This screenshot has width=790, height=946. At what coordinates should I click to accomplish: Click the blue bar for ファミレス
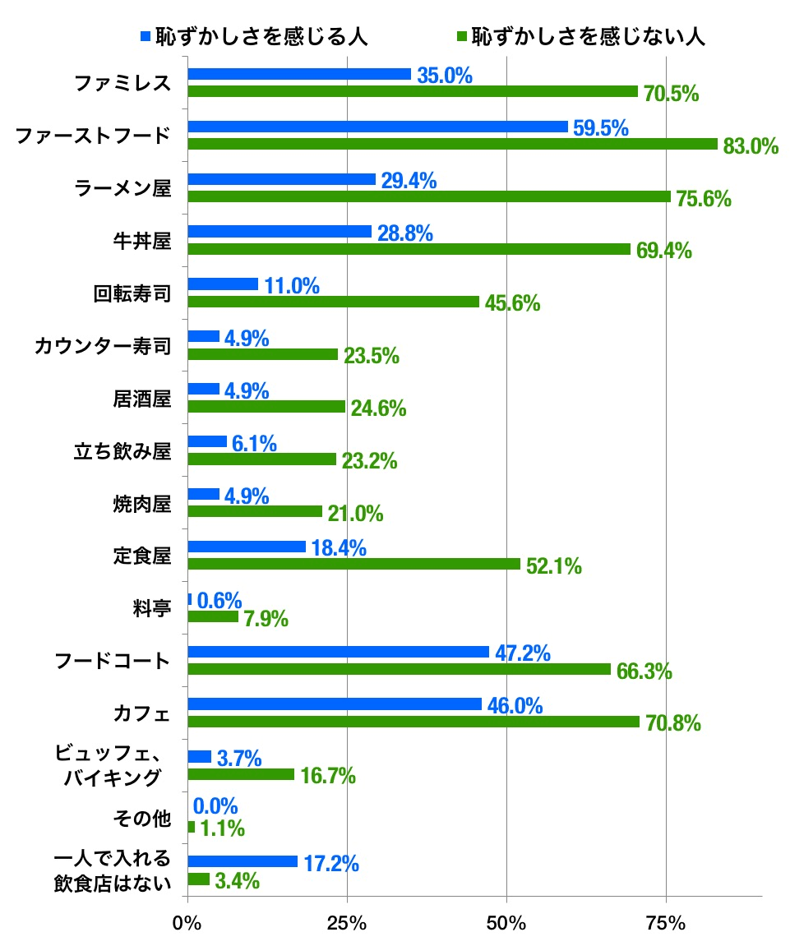click(299, 74)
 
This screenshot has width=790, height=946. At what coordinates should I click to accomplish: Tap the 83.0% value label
click(751, 146)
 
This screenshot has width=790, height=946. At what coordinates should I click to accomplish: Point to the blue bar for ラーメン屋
click(282, 179)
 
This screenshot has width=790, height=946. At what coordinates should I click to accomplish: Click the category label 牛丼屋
click(141, 241)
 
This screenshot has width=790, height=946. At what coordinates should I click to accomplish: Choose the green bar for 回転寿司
click(333, 302)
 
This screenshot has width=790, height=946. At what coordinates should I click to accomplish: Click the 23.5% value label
click(372, 356)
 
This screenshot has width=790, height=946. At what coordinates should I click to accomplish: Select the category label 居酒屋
click(141, 399)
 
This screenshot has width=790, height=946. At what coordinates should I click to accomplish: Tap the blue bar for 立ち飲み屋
click(207, 441)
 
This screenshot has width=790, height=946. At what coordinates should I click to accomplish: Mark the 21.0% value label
click(356, 514)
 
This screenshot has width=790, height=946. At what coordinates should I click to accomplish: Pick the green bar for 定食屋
click(353, 564)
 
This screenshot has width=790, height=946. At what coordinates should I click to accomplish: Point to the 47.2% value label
click(523, 653)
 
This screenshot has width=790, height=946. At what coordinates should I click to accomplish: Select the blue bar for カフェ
click(335, 704)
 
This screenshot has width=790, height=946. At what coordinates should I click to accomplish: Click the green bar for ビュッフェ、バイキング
click(241, 774)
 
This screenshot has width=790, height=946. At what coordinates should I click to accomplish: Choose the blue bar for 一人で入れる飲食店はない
click(243, 861)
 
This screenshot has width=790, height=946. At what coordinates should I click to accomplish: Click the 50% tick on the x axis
click(506, 923)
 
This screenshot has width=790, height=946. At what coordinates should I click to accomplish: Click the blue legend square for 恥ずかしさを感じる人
click(146, 37)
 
